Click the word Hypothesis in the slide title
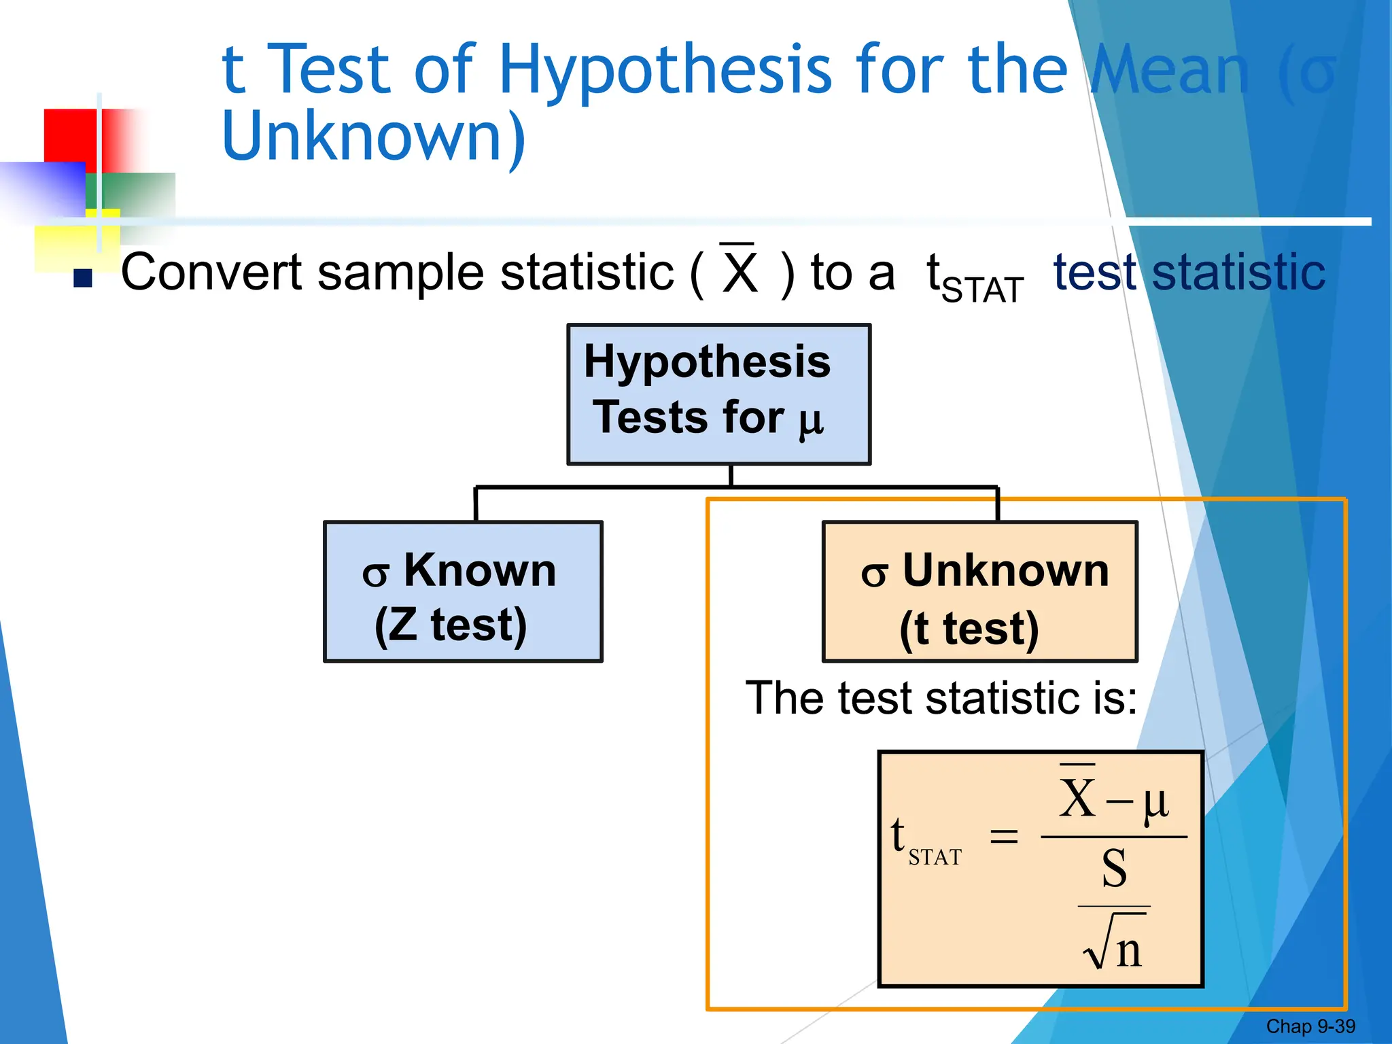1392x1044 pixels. [x=665, y=70]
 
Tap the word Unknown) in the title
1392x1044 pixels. [x=374, y=137]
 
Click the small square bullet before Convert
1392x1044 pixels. [x=83, y=278]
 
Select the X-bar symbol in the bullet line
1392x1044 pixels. [x=739, y=271]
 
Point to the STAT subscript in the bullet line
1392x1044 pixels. [x=983, y=291]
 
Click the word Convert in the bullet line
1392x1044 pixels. [x=211, y=272]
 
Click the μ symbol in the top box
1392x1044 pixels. [x=811, y=421]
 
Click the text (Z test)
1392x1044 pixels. [x=451, y=625]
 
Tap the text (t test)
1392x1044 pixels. [x=969, y=629]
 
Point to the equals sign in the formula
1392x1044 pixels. [x=1004, y=835]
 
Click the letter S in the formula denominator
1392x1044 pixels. [x=1114, y=869]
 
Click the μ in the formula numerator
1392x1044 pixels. [x=1155, y=802]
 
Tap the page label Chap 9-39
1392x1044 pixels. [x=1310, y=1026]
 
